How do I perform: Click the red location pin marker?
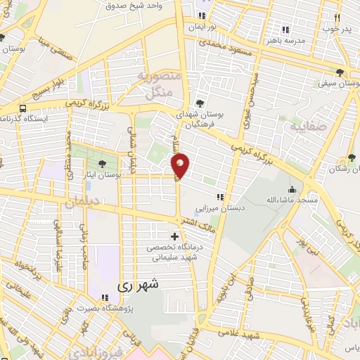[x=181, y=165]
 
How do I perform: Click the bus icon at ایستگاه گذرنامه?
[x=23, y=108]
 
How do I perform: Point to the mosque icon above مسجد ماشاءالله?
[x=292, y=188]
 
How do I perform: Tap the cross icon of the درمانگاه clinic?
[x=174, y=236]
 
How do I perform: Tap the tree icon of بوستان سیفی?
[x=341, y=72]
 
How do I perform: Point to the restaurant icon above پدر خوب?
[x=337, y=18]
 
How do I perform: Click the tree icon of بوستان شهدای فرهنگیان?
[x=200, y=103]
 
